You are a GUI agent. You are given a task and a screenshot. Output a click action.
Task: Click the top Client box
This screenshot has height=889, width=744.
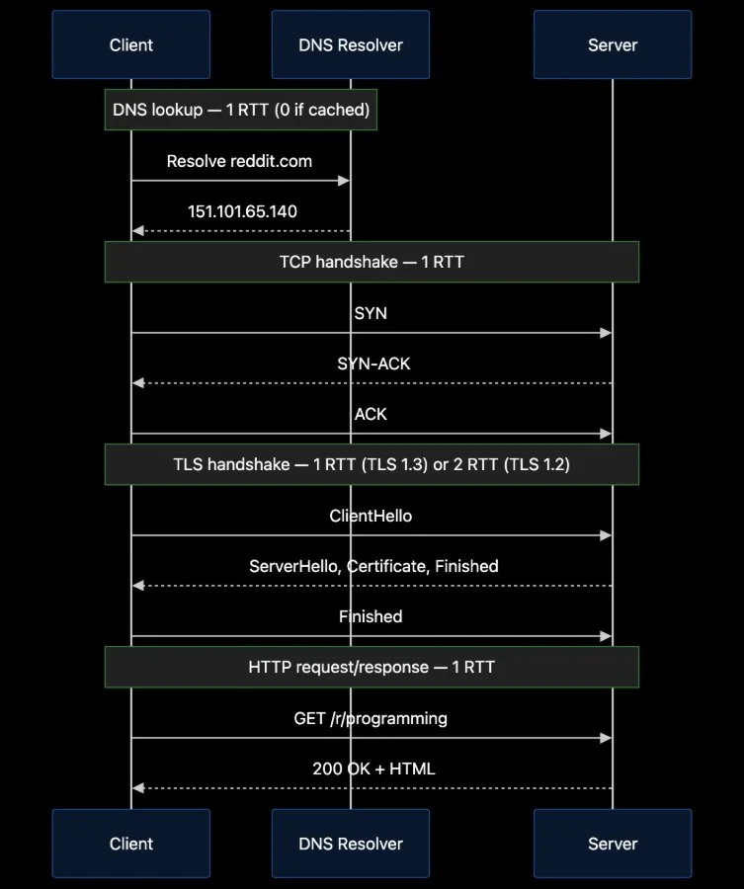click(131, 44)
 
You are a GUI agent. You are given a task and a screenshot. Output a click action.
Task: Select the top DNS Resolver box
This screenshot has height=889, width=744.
click(351, 44)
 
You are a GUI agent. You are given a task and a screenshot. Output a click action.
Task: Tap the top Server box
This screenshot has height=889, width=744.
click(613, 44)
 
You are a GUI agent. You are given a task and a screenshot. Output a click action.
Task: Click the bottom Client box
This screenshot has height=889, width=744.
click(131, 844)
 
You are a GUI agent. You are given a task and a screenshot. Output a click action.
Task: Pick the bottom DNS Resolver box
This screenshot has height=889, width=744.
click(351, 844)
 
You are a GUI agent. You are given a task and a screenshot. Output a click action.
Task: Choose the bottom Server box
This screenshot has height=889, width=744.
click(613, 844)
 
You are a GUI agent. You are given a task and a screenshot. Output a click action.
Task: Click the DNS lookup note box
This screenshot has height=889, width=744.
click(241, 110)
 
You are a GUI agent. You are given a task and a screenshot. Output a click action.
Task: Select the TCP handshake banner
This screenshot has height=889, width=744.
click(372, 262)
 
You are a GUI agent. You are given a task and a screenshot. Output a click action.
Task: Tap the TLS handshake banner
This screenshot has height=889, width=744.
click(372, 464)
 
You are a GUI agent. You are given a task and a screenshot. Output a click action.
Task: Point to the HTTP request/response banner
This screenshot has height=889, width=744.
click(372, 667)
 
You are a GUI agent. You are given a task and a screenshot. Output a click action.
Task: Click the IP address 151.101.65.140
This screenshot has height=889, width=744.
click(242, 211)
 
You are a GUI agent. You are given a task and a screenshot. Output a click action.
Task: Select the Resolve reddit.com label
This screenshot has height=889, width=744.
click(239, 161)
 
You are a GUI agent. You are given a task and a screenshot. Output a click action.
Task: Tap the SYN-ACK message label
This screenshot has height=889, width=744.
click(373, 364)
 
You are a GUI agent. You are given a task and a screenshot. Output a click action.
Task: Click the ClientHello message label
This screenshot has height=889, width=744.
click(371, 516)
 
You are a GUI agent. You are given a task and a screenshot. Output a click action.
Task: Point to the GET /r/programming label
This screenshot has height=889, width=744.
click(371, 718)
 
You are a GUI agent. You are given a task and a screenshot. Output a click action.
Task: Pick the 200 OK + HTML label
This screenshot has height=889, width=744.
click(373, 768)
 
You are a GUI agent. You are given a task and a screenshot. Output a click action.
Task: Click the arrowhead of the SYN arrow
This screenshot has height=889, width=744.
click(606, 333)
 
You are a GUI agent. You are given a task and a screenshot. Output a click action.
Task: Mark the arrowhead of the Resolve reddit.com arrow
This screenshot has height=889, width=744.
click(344, 181)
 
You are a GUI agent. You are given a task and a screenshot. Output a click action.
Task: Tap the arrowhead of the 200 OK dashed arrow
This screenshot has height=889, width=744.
click(137, 788)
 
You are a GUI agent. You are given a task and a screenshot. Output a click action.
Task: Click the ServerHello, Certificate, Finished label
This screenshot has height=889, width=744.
click(373, 566)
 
